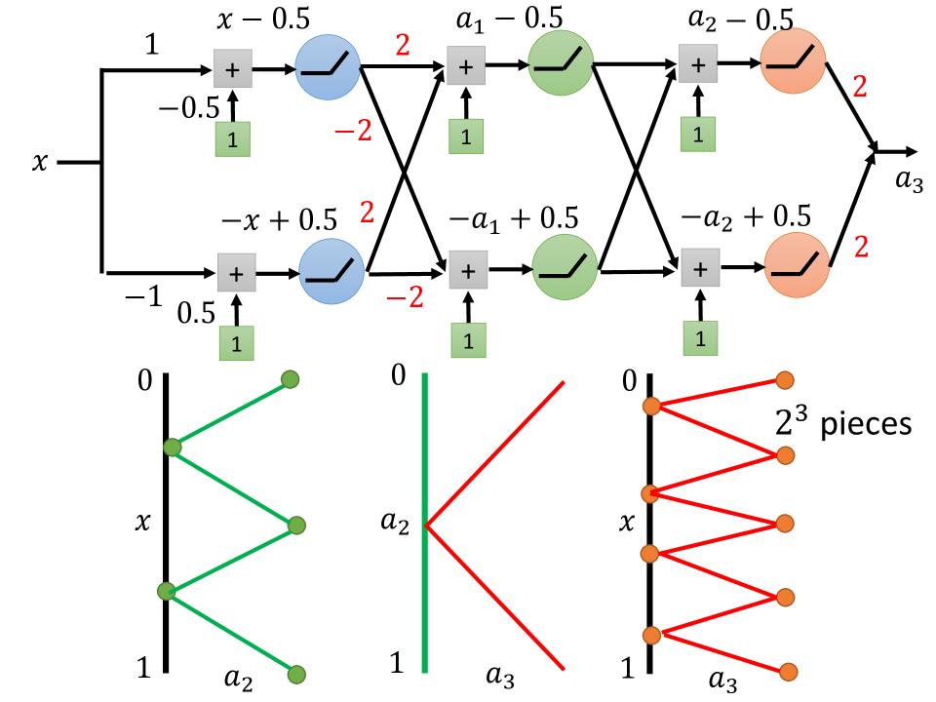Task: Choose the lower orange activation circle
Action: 797,263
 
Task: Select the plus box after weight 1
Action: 232,69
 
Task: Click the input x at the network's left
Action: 39,163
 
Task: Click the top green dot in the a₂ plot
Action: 290,379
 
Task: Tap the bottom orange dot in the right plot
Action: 788,671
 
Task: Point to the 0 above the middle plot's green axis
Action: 397,375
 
